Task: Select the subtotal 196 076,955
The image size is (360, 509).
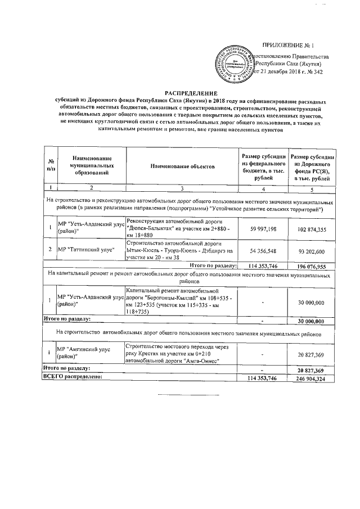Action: point(310,265)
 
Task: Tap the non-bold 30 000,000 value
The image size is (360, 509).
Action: point(310,303)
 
